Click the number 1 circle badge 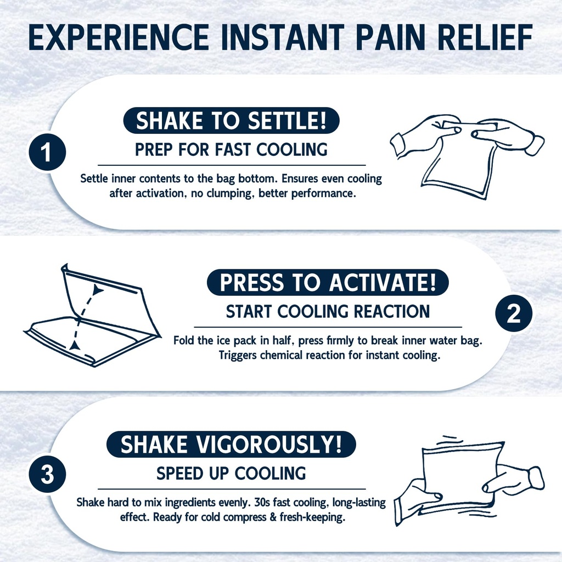pyautogui.click(x=47, y=152)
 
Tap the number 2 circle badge pyautogui.click(x=514, y=313)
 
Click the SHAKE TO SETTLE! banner pyautogui.click(x=231, y=120)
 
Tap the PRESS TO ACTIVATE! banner pyautogui.click(x=328, y=283)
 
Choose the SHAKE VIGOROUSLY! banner pyautogui.click(x=231, y=445)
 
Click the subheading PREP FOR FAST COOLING pyautogui.click(x=231, y=149)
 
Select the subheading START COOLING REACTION pyautogui.click(x=328, y=312)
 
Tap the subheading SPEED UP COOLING pyautogui.click(x=231, y=474)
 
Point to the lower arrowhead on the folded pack pyautogui.click(x=75, y=345)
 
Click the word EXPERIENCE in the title pyautogui.click(x=119, y=37)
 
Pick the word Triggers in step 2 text pyautogui.click(x=238, y=356)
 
